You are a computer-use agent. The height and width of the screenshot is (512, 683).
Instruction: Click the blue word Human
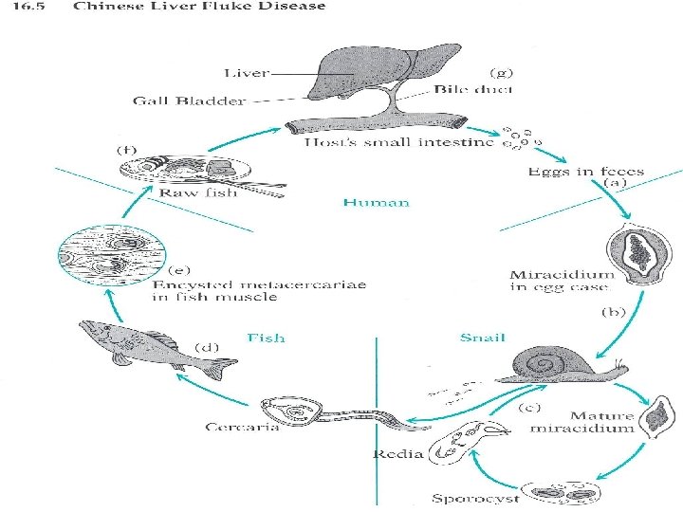tap(376, 202)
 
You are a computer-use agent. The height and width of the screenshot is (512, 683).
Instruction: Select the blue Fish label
tap(266, 337)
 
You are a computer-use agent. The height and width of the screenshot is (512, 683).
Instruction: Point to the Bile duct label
tap(474, 89)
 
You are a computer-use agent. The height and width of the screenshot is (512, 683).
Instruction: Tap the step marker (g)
tap(500, 72)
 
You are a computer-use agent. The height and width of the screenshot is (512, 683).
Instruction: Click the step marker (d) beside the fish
tap(205, 348)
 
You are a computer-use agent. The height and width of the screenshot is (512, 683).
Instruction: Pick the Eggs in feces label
tap(585, 172)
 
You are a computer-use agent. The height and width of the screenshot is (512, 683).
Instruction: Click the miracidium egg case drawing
tap(635, 248)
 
